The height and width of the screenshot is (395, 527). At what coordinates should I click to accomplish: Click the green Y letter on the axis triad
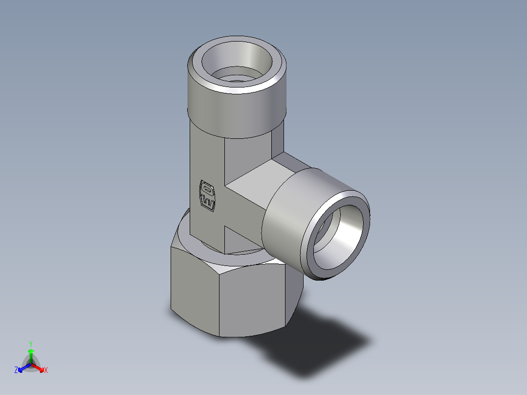click(30, 343)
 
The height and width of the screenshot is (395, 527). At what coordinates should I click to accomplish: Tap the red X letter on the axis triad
click(45, 370)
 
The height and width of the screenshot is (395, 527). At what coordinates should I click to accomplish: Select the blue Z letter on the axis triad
click(16, 370)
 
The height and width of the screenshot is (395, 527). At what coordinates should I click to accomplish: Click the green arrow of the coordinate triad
click(30, 354)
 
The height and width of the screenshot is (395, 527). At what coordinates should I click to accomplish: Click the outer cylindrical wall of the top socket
click(235, 115)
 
